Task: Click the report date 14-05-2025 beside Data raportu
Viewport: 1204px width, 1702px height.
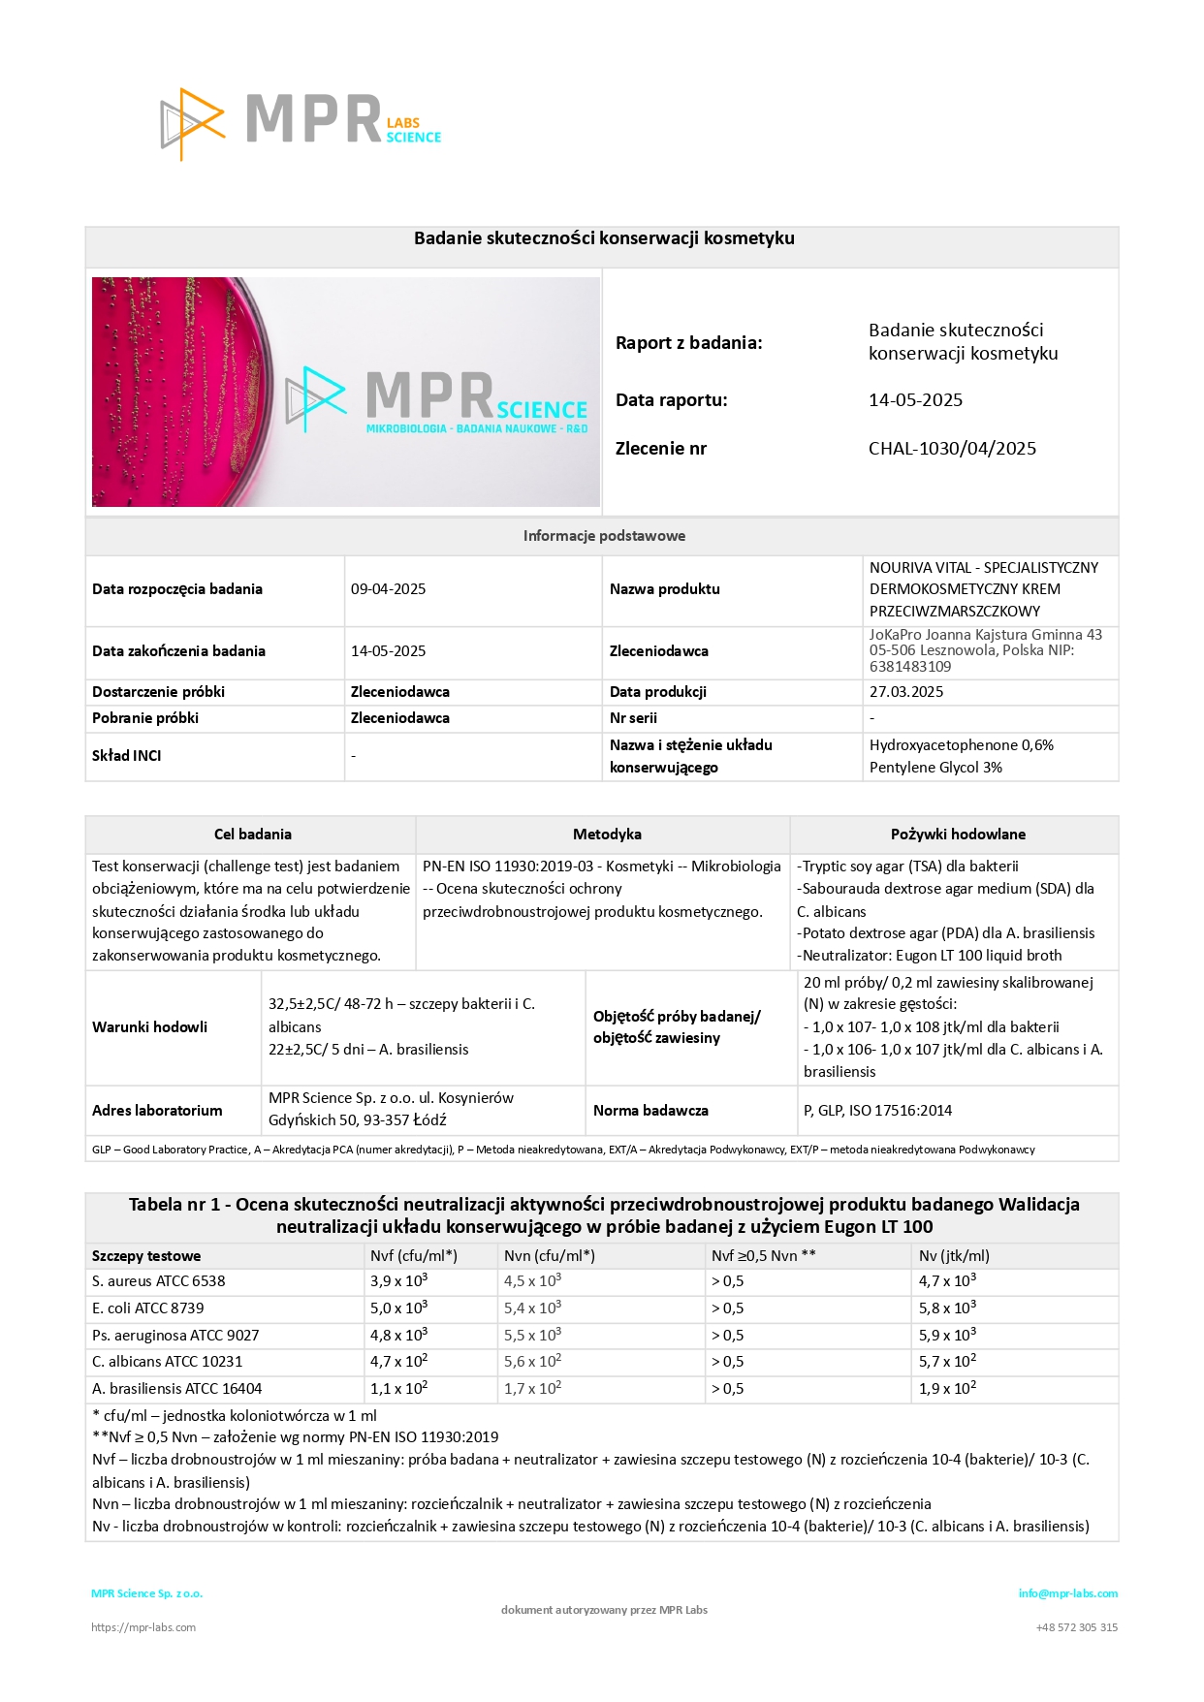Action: tap(915, 400)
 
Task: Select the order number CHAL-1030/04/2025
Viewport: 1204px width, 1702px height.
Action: tap(952, 449)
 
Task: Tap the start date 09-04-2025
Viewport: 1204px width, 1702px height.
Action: tap(388, 589)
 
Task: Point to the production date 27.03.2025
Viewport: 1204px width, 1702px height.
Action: tap(905, 692)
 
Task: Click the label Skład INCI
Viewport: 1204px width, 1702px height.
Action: tap(127, 756)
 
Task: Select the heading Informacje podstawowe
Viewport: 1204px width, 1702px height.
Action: tap(604, 536)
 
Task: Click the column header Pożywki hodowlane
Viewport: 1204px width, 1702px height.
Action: tap(957, 835)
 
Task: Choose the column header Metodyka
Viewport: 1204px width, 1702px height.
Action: tap(607, 835)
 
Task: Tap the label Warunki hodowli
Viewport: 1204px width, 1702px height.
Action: tap(149, 1027)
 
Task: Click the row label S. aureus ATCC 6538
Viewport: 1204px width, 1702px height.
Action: tap(158, 1281)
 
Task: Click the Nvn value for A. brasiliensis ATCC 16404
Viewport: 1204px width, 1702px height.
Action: tap(532, 1389)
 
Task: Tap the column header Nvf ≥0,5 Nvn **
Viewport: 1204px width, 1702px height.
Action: tap(763, 1256)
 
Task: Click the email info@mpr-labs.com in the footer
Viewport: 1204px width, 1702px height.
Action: tap(1067, 1593)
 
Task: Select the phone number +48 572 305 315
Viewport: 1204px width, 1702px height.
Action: tap(1076, 1627)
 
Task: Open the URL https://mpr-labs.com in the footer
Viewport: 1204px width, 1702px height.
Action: tap(143, 1627)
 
